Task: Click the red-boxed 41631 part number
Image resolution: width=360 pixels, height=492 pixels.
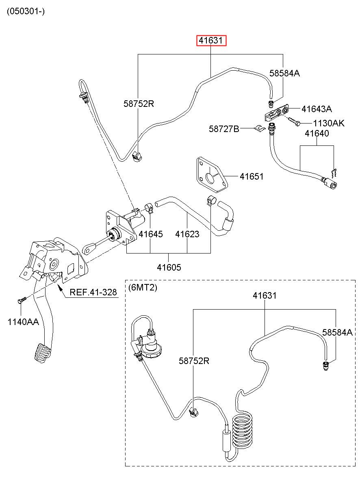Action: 211,40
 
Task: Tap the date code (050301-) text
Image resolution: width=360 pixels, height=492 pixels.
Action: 26,11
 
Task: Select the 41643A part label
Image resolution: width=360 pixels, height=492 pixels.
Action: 316,109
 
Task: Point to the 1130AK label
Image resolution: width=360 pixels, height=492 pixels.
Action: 329,123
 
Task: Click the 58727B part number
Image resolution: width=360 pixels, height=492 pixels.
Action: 224,129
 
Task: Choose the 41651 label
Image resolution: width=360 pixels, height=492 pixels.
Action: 252,176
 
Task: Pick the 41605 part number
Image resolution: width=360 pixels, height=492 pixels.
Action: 169,267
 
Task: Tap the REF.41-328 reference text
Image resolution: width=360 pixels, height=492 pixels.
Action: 93,292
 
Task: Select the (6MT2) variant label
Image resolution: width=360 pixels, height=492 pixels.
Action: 143,288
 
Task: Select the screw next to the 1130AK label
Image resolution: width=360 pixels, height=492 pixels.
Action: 294,121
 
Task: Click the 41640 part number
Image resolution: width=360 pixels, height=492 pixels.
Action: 317,133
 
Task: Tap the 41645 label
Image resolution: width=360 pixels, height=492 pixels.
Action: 151,234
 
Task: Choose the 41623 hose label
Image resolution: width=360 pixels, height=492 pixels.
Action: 187,234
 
